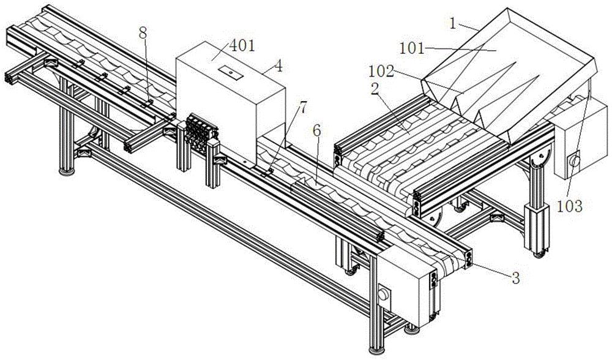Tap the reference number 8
coord(143,33)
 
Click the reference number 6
coord(316,130)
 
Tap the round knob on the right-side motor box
coord(574,162)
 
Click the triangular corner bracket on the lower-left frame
coord(84,149)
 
